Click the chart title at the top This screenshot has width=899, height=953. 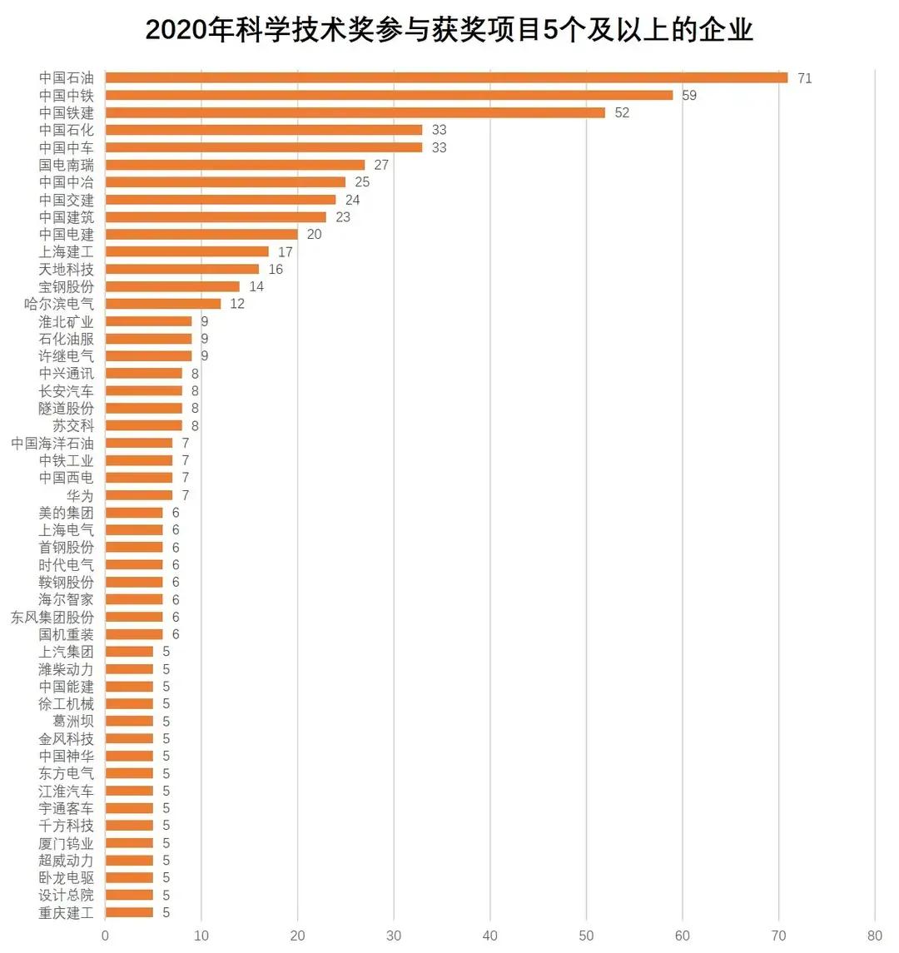[449, 30]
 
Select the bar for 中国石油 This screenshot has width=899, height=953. [446, 78]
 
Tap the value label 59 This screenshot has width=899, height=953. [689, 96]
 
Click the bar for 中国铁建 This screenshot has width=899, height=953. [355, 113]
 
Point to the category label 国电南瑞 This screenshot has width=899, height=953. [67, 165]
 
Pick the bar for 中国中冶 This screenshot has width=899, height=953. [226, 182]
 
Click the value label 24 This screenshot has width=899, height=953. [353, 200]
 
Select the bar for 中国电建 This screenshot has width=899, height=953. [201, 235]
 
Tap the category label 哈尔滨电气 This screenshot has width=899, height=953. [59, 304]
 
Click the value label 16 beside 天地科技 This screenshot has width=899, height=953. [276, 270]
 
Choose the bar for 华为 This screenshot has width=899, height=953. [139, 495]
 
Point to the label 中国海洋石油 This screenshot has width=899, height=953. [52, 443]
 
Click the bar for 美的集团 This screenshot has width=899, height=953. [134, 513]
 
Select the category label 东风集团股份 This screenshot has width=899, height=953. [52, 617]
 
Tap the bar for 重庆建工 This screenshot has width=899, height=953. [129, 912]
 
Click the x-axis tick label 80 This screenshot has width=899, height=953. [874, 936]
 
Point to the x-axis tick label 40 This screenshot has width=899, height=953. [489, 936]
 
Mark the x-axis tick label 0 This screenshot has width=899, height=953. [105, 936]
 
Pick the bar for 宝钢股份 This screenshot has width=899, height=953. [172, 286]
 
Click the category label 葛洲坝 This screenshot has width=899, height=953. [73, 722]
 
